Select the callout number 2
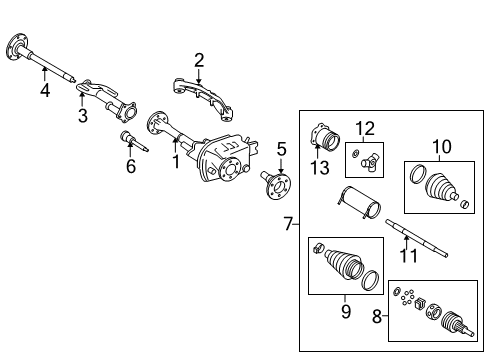click(199, 61)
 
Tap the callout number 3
click(82, 117)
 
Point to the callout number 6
click(130, 167)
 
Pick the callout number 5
click(281, 149)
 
